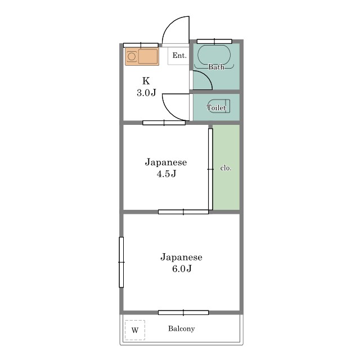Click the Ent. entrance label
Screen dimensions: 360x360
click(x=179, y=55)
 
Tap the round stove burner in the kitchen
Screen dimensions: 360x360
click(x=132, y=56)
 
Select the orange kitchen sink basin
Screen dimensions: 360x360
click(x=148, y=56)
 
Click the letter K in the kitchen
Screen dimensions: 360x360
click(x=146, y=81)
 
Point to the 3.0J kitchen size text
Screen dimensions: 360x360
click(x=146, y=92)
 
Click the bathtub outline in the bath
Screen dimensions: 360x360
click(x=214, y=56)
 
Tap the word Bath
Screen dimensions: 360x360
click(x=216, y=67)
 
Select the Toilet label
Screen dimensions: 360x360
click(x=216, y=107)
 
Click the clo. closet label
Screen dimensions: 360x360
click(x=226, y=168)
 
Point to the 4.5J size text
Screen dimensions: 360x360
click(x=166, y=174)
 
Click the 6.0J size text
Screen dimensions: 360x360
click(x=182, y=268)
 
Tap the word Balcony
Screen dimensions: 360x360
click(x=181, y=328)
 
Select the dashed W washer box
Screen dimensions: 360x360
click(x=135, y=330)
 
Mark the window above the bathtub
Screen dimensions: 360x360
click(x=214, y=42)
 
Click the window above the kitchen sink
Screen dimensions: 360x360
click(x=141, y=45)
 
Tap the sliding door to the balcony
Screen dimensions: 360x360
click(x=183, y=313)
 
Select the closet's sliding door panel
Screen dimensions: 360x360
click(x=210, y=169)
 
